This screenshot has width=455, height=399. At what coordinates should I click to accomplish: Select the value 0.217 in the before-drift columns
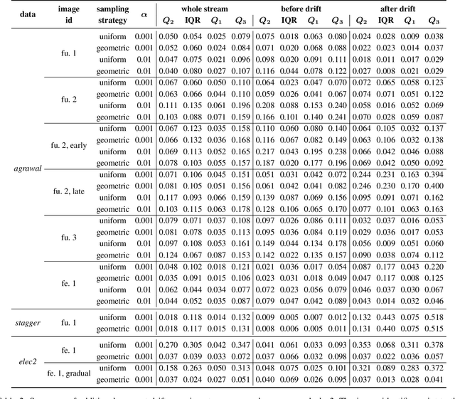264,151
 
